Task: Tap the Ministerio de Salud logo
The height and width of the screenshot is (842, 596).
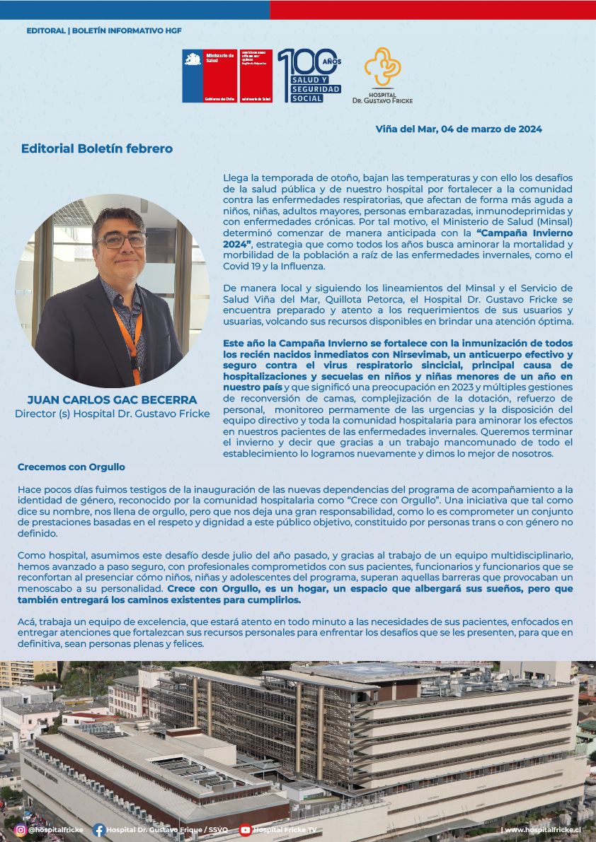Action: (210, 76)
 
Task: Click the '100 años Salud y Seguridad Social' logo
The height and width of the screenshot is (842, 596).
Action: (309, 76)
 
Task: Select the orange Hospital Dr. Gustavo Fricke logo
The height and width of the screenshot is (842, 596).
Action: (382, 76)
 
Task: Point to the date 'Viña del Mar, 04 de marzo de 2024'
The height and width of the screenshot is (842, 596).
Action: (459, 129)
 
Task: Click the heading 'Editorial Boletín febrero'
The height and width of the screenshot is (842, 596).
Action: (97, 148)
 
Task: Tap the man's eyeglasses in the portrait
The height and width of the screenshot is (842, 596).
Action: (121, 240)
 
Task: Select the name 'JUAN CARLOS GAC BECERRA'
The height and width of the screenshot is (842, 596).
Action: (112, 400)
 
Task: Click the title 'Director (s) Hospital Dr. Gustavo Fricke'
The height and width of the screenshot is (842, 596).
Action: (112, 414)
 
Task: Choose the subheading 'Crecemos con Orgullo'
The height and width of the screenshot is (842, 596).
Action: (71, 467)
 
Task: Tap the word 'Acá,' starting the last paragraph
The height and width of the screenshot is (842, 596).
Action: (27, 621)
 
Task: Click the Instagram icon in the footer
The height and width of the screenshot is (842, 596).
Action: (21, 829)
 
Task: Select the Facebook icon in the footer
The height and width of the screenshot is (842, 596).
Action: (99, 830)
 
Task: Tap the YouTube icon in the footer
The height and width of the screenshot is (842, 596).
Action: (245, 830)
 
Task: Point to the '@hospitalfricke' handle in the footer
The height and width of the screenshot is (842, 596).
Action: (56, 830)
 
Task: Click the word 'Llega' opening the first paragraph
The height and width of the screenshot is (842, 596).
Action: (236, 177)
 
